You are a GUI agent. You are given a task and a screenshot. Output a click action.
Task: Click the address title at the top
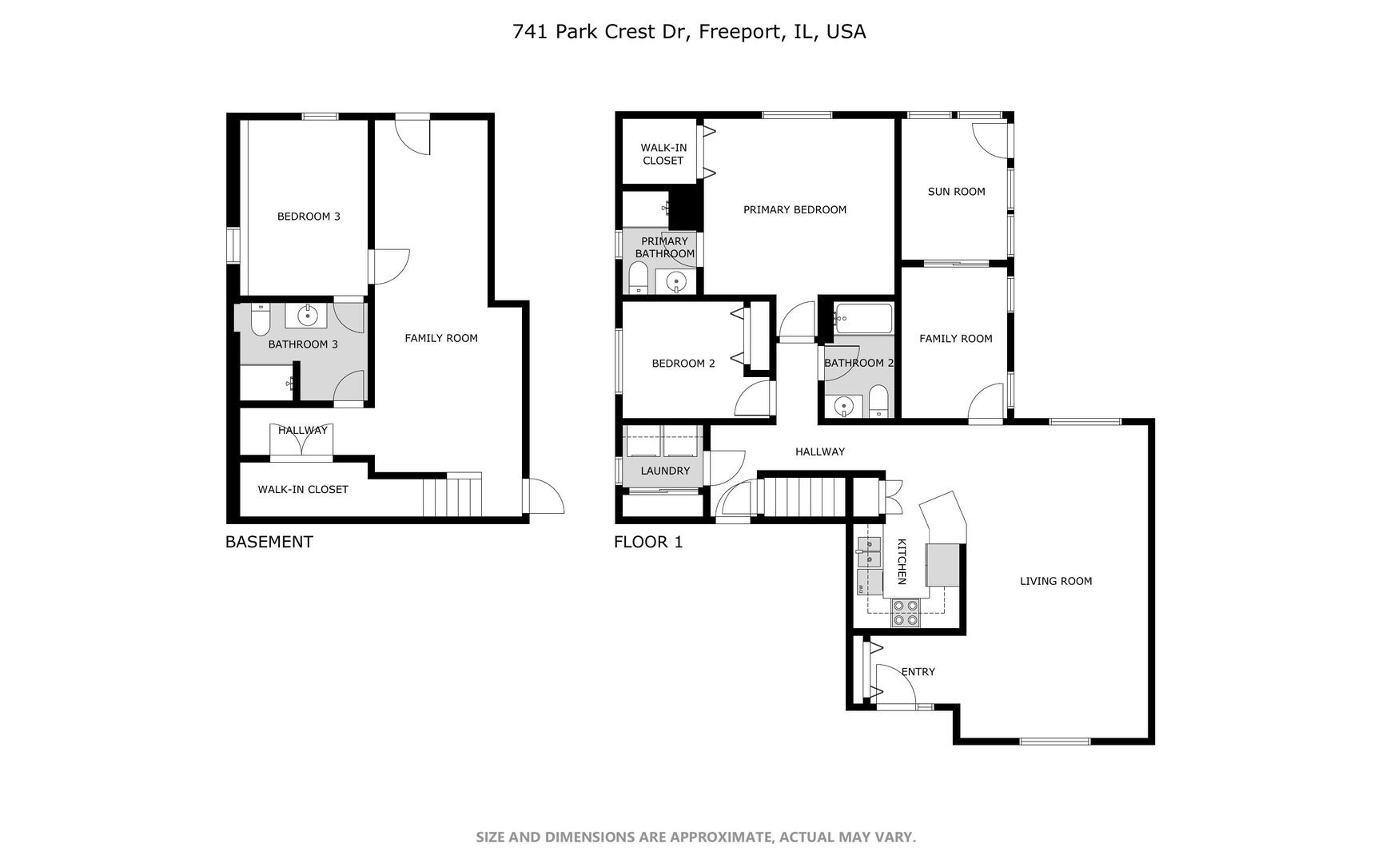pyautogui.click(x=689, y=32)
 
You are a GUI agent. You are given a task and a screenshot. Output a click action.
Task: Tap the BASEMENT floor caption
pyautogui.click(x=269, y=542)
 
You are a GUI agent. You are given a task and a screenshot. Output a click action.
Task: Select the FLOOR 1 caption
pyautogui.click(x=648, y=542)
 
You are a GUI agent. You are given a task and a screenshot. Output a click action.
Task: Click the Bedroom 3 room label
pyautogui.click(x=309, y=217)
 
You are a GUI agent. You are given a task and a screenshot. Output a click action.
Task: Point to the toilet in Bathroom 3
pyautogui.click(x=261, y=320)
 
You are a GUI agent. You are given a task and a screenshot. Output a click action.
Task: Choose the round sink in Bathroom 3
pyautogui.click(x=308, y=316)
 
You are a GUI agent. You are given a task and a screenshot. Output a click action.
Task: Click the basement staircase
pyautogui.click(x=452, y=495)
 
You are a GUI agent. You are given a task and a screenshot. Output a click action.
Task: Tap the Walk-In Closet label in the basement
pyautogui.click(x=303, y=490)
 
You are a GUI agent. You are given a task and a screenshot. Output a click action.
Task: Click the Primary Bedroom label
pyautogui.click(x=795, y=210)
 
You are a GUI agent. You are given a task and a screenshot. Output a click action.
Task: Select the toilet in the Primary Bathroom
pyautogui.click(x=638, y=279)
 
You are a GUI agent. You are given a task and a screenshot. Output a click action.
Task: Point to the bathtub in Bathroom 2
pyautogui.click(x=863, y=319)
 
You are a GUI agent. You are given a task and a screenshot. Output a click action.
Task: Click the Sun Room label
pyautogui.click(x=956, y=192)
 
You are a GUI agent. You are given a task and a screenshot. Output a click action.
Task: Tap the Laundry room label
pyautogui.click(x=665, y=471)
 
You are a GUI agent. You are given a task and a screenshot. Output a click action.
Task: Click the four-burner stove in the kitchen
pyautogui.click(x=906, y=612)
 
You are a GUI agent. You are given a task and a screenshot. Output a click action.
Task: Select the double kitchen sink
pyautogui.click(x=868, y=552)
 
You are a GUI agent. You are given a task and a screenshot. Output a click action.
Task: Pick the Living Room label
pyautogui.click(x=1056, y=582)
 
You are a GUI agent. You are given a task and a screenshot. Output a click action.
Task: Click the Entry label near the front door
pyautogui.click(x=918, y=672)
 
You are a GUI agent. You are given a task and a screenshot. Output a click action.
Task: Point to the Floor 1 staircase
pyautogui.click(x=802, y=496)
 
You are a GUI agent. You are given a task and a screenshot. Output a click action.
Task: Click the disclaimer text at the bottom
pyautogui.click(x=695, y=837)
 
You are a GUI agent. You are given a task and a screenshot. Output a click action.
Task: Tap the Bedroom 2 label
pyautogui.click(x=683, y=364)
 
